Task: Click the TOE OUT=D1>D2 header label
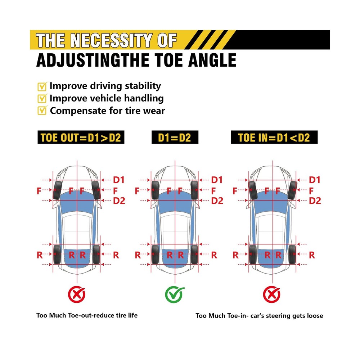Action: [x=81, y=138]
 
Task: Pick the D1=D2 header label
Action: [x=175, y=138]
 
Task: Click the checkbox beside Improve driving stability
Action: [x=42, y=86]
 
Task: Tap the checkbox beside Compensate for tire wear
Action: [x=42, y=111]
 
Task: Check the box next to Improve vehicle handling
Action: [x=42, y=98]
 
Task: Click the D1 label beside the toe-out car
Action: [x=119, y=180]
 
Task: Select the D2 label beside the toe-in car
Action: [x=315, y=201]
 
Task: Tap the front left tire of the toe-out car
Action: [x=57, y=190]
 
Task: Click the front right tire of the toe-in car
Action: [x=292, y=190]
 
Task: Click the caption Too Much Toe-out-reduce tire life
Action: [x=87, y=315]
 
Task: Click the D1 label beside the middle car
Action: [x=217, y=180]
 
